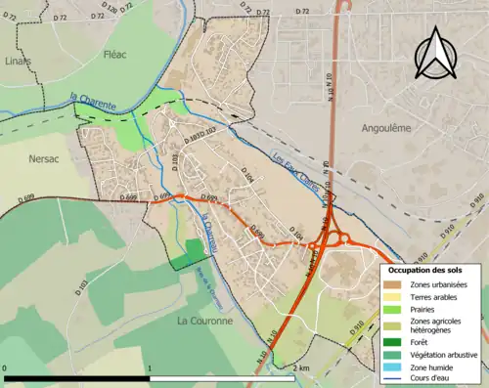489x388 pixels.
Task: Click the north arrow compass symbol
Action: tap(433, 52)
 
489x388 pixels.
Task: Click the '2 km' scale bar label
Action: tap(302, 367)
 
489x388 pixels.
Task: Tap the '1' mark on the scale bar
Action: tap(151, 367)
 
